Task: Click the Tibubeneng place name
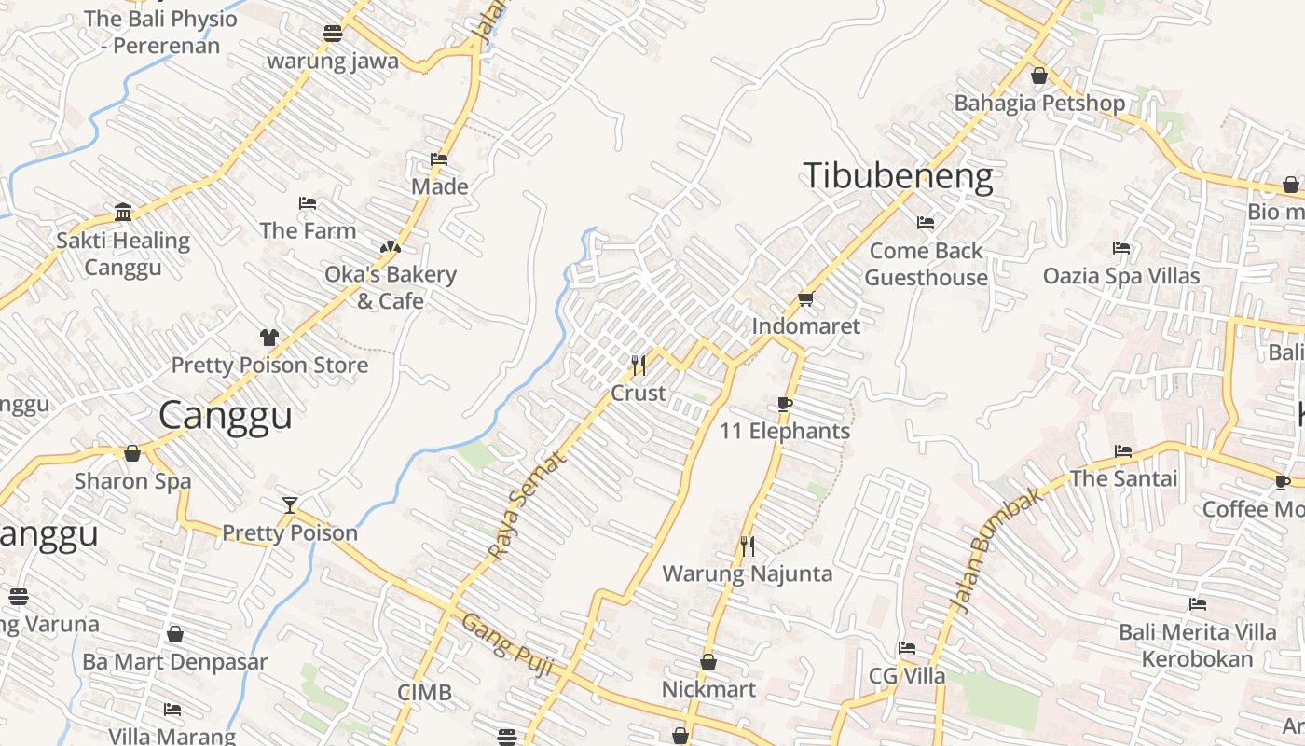(x=898, y=176)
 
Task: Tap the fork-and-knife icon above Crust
(x=639, y=365)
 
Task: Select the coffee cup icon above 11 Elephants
(x=785, y=404)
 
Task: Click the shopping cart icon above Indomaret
(x=805, y=298)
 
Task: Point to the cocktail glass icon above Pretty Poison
(x=290, y=505)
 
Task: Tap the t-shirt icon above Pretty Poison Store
(x=269, y=337)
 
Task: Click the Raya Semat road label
(x=527, y=506)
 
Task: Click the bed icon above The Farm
(x=308, y=203)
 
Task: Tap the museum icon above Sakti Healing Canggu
(x=123, y=213)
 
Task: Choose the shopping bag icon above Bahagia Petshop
(x=1039, y=75)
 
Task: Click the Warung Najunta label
(x=747, y=573)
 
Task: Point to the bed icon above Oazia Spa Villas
(x=1121, y=248)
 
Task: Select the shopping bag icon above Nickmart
(x=708, y=662)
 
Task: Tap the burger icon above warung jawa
(x=333, y=34)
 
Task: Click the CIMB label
(x=424, y=692)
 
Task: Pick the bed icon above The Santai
(x=1123, y=451)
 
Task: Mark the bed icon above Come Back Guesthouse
(x=926, y=223)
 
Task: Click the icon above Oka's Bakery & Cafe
(x=391, y=247)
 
